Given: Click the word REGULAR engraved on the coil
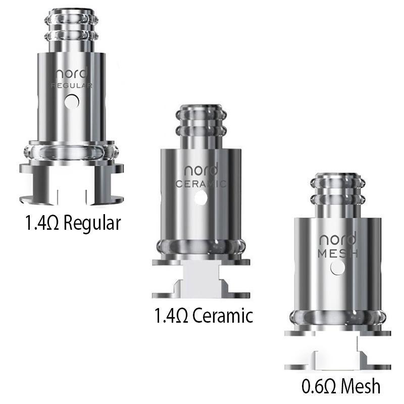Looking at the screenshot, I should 72,86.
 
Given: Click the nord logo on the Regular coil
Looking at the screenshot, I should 71,73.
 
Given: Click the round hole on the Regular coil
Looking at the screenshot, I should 73,102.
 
